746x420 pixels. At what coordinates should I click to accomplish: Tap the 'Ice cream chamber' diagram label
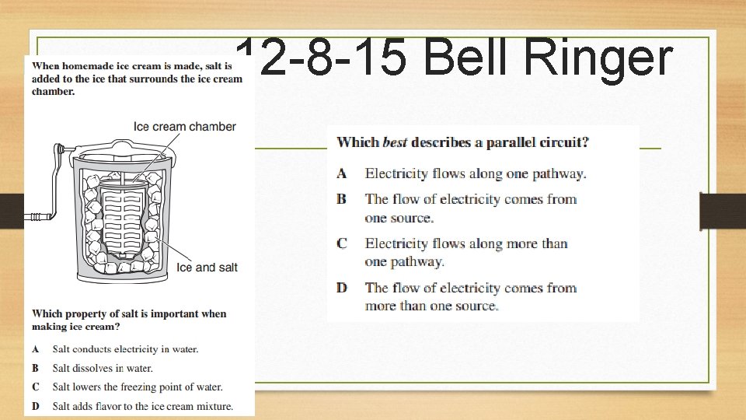[x=184, y=127]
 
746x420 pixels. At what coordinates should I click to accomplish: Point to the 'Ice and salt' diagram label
[x=207, y=268]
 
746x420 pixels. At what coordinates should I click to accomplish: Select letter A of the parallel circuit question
[x=342, y=173]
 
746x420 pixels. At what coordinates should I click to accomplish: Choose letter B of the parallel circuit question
[x=342, y=199]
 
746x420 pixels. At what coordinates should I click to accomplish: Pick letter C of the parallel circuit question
[x=342, y=243]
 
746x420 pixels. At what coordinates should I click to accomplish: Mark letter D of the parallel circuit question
[x=342, y=288]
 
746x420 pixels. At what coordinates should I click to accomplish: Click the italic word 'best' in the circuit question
[x=396, y=142]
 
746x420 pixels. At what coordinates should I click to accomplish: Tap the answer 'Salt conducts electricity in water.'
[x=125, y=350]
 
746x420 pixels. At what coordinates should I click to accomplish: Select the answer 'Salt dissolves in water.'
[x=103, y=369]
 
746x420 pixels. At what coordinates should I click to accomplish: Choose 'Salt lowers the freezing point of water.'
[x=138, y=387]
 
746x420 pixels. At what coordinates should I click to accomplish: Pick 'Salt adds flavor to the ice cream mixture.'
[x=143, y=406]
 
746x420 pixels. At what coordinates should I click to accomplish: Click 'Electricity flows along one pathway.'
[x=476, y=173]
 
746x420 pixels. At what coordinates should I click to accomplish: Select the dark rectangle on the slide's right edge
[x=722, y=212]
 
